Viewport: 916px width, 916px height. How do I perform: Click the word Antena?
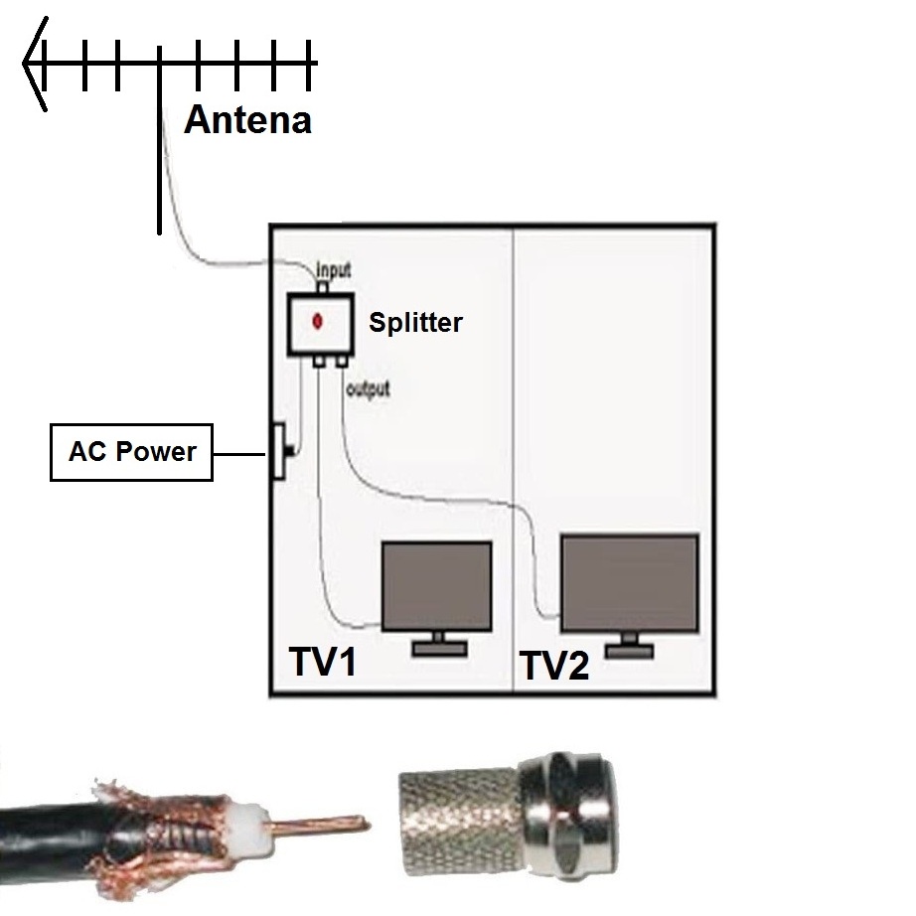pyautogui.click(x=247, y=120)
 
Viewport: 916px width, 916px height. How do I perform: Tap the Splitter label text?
pyautogui.click(x=416, y=323)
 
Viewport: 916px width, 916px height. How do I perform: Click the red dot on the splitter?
pyautogui.click(x=318, y=321)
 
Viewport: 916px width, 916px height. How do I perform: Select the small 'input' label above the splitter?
pyautogui.click(x=334, y=270)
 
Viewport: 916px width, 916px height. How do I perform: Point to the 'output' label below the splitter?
pyautogui.click(x=368, y=389)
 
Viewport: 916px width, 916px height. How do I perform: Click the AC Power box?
pyautogui.click(x=131, y=452)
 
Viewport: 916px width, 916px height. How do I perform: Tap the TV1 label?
pyautogui.click(x=323, y=662)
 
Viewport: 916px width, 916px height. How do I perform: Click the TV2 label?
pyautogui.click(x=554, y=666)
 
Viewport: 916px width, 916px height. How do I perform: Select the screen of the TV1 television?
pyautogui.click(x=436, y=586)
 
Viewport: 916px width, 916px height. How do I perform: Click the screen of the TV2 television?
pyautogui.click(x=630, y=582)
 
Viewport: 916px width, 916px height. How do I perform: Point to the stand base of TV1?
pyautogui.click(x=439, y=649)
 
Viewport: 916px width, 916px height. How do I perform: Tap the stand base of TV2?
pyautogui.click(x=629, y=651)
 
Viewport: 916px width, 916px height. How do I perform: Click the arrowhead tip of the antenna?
pyautogui.click(x=24, y=64)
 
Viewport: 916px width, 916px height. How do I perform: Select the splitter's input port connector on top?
pyautogui.click(x=323, y=287)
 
